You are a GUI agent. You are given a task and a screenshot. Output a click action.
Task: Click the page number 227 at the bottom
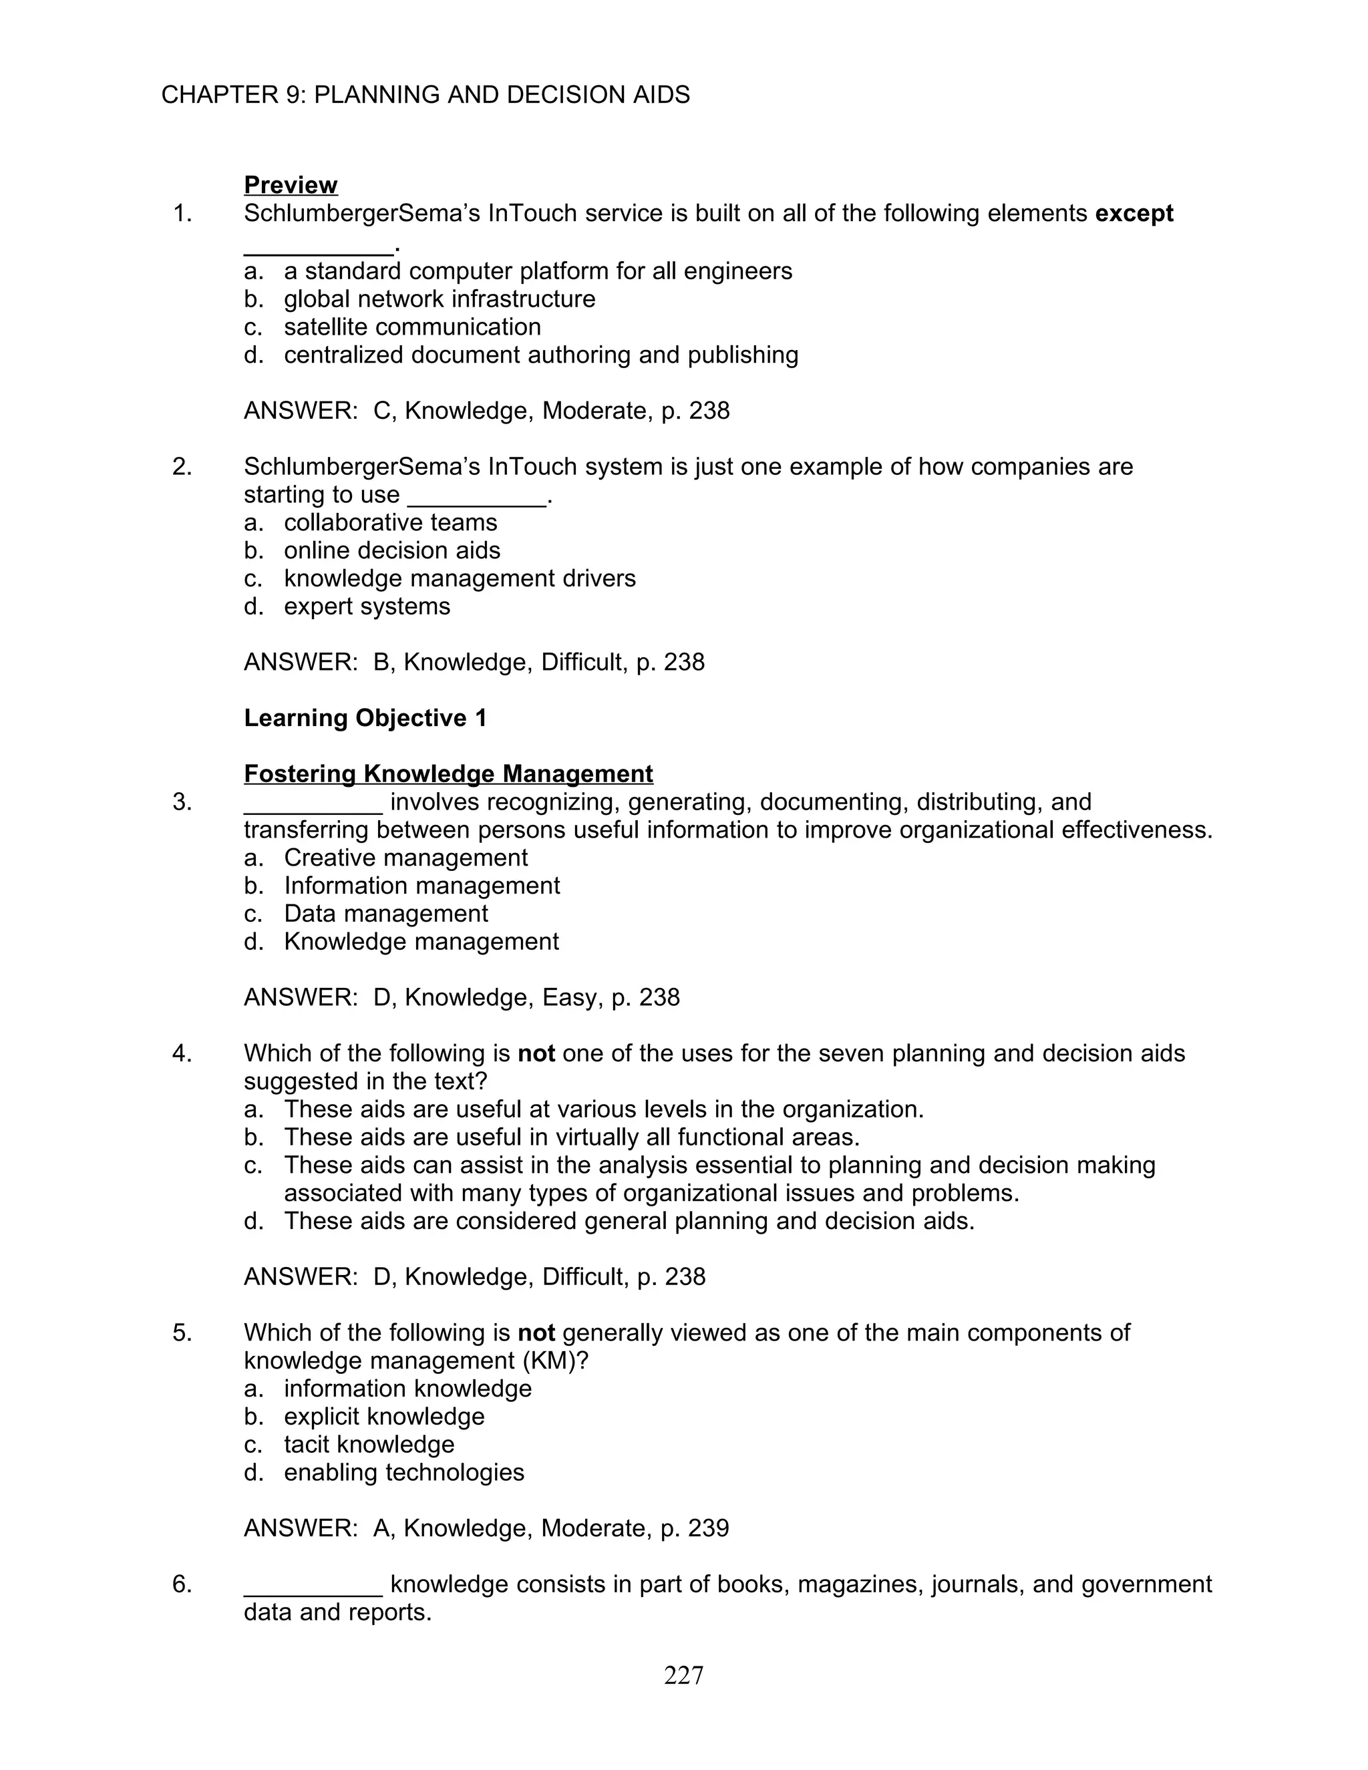coord(683,1675)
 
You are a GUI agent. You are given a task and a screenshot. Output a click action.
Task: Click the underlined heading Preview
coord(290,185)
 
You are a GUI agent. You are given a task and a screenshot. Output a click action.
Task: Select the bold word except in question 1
coord(1133,213)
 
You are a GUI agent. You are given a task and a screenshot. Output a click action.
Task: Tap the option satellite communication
coord(411,327)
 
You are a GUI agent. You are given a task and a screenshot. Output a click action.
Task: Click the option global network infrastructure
coord(440,299)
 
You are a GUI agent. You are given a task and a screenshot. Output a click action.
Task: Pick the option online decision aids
coord(391,550)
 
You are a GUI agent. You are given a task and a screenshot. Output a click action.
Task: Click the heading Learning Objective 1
coord(365,718)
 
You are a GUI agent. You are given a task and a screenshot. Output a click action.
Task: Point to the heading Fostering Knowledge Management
coord(448,774)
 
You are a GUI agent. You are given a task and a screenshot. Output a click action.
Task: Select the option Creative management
coord(405,858)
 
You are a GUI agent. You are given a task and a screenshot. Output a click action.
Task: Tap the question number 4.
coord(182,1053)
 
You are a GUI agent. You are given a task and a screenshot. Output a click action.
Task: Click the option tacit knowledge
coord(369,1444)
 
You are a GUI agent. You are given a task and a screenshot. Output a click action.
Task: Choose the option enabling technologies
coord(403,1473)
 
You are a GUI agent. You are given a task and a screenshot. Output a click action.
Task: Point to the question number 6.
coord(182,1584)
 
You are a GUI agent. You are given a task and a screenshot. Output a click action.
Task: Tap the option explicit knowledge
coord(384,1417)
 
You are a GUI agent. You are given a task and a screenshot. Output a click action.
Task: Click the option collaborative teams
coord(390,523)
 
